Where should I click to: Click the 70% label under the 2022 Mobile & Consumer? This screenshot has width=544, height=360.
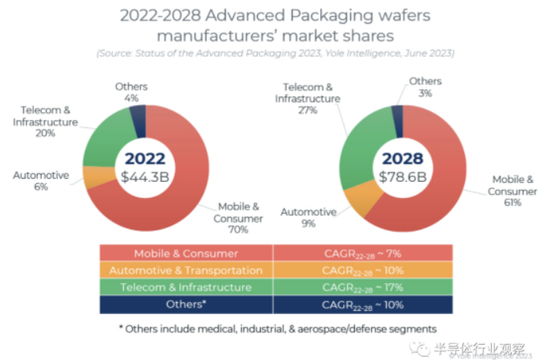click(238, 229)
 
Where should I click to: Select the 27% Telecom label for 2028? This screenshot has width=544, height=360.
click(308, 110)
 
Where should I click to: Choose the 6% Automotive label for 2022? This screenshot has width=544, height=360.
click(40, 187)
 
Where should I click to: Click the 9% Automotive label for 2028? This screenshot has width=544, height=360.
click(308, 224)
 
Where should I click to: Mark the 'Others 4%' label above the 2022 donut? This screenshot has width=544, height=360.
click(131, 92)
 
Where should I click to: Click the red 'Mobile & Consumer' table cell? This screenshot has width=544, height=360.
click(186, 253)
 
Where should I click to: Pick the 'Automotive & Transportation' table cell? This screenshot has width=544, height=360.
click(186, 270)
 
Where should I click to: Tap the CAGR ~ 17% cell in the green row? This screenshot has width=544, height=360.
click(363, 286)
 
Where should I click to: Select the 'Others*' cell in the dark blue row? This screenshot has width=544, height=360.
click(186, 304)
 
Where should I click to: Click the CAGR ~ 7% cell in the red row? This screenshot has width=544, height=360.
click(363, 253)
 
